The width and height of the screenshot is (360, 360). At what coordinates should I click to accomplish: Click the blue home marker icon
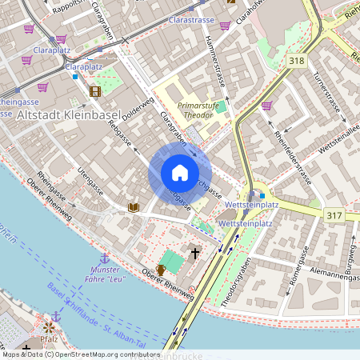[x=180, y=173]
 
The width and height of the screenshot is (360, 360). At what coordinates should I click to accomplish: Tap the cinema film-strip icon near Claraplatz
[x=95, y=90]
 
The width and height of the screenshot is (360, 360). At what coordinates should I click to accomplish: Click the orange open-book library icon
[x=134, y=208]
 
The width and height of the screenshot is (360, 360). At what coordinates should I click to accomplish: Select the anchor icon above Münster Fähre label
[x=104, y=258]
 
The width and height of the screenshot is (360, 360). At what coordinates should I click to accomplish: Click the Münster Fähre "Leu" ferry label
[x=106, y=276]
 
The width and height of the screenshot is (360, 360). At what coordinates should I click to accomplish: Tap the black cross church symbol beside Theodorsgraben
[x=194, y=253]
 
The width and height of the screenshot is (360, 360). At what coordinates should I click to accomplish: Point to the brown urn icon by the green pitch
[x=160, y=270]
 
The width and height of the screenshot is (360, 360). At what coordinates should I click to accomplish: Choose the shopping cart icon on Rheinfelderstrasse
[x=266, y=105]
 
